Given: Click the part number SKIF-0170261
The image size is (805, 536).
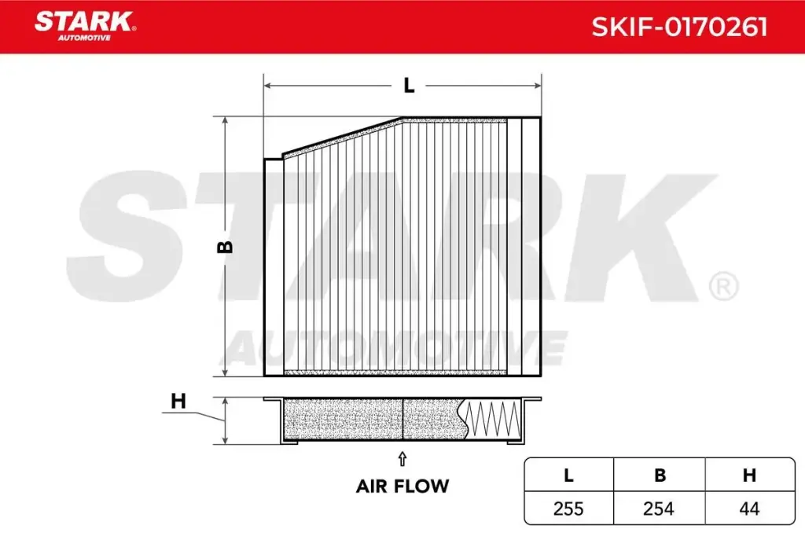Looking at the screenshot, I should pos(679,28).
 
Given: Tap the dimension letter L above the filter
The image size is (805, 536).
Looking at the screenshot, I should pos(408,86).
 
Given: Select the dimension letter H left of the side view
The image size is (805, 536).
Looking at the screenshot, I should pos(178,401).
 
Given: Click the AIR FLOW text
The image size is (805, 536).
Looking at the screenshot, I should pos(402,486).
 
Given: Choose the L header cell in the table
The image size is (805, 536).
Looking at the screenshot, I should pos(568,475).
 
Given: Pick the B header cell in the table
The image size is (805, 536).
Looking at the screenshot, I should pos(660,475).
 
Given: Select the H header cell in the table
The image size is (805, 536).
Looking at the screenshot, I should pos(749,475).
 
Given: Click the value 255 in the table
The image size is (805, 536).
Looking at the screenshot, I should pos(568,509).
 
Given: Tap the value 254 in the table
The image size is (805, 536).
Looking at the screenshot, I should pos(659,509).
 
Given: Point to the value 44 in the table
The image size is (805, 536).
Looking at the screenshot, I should pos(749,509).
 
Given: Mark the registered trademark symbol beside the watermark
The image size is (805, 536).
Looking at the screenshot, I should pos(723,286).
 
